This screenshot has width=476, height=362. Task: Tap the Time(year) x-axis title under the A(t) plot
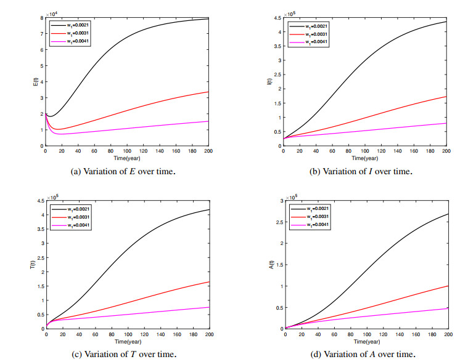pos(366,340)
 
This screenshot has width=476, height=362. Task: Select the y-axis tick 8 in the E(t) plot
pos(41,18)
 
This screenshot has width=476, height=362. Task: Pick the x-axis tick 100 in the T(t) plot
pos(128,335)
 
